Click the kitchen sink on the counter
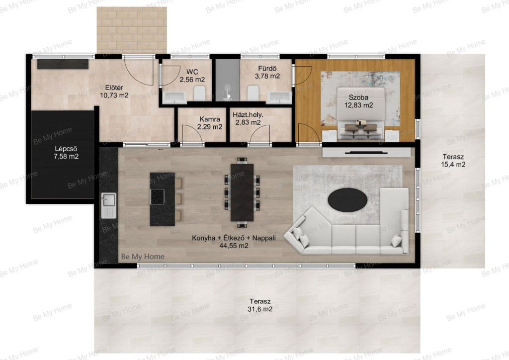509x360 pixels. [x=109, y=205]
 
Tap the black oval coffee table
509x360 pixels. [x=347, y=199]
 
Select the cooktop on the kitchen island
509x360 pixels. [x=158, y=197]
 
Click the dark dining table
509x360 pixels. [x=242, y=192]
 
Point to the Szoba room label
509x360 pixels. [x=358, y=97]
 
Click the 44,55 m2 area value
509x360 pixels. [x=234, y=246]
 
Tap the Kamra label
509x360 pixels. [x=210, y=119]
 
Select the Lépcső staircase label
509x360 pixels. [x=66, y=149]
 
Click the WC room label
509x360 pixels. [x=192, y=72]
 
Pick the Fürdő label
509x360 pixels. [x=267, y=69]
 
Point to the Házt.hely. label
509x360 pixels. [x=248, y=114]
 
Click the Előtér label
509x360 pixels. [x=114, y=88]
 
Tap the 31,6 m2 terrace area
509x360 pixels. [x=260, y=309]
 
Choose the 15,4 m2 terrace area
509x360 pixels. [x=453, y=165]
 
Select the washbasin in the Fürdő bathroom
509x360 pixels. [x=279, y=97]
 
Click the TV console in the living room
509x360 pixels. [x=366, y=152]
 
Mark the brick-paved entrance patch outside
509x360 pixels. [x=132, y=30]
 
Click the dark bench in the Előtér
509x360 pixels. [x=63, y=64]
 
